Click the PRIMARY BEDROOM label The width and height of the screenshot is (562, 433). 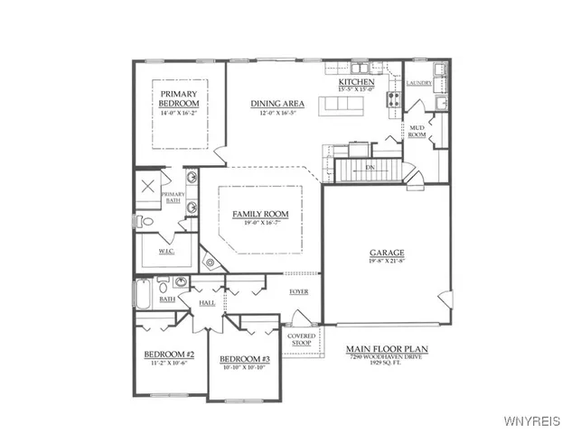click(x=180, y=98)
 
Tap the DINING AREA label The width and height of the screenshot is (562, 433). click(x=277, y=104)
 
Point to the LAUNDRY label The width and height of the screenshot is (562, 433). click(x=419, y=83)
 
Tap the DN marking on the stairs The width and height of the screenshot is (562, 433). click(x=369, y=167)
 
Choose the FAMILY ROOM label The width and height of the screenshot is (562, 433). click(x=260, y=214)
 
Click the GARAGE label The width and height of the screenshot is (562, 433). click(x=386, y=253)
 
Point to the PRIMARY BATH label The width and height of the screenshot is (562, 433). click(x=173, y=198)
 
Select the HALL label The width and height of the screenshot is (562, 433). click(x=207, y=303)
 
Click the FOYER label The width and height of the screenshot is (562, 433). click(x=298, y=291)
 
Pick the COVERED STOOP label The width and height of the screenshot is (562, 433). click(x=301, y=338)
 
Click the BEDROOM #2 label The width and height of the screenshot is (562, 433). click(x=170, y=355)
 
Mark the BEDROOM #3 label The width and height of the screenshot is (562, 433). click(x=245, y=359)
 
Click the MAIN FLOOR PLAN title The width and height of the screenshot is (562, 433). click(x=387, y=348)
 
